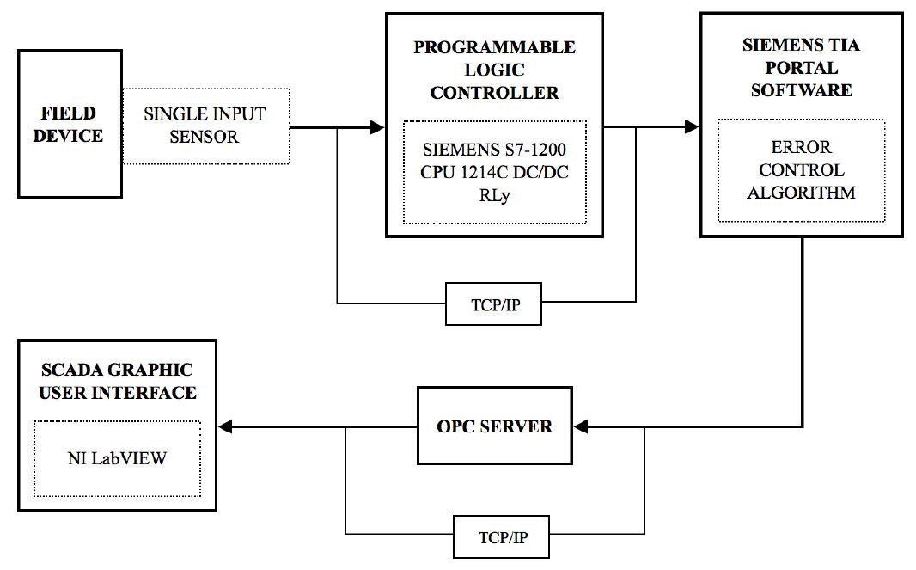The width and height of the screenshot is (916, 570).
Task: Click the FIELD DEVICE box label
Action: (x=69, y=125)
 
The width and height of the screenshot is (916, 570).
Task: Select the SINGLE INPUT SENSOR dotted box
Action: (x=205, y=126)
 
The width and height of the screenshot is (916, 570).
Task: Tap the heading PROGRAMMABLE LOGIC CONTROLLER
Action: (x=494, y=70)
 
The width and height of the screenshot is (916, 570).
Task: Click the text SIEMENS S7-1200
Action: (x=493, y=150)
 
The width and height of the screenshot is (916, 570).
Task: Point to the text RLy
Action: (x=494, y=194)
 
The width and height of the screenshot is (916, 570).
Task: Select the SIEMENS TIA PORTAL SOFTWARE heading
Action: (x=801, y=67)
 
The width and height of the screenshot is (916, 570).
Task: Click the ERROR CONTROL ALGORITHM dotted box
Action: (x=801, y=170)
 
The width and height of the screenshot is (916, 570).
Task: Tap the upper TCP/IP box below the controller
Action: (x=493, y=304)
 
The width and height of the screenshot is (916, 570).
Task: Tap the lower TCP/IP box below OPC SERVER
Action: (x=502, y=538)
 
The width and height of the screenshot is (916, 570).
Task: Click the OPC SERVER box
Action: (x=494, y=426)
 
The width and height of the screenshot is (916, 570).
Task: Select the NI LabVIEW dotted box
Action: (x=117, y=458)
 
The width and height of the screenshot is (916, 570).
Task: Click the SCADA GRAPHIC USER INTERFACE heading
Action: (x=117, y=381)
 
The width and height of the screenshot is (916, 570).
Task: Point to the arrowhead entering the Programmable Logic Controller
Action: (x=377, y=127)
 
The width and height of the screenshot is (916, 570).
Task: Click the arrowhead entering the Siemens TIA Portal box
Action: (x=693, y=127)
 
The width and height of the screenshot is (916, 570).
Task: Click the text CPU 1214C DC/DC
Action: (x=494, y=172)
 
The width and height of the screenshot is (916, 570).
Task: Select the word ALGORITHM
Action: (x=801, y=193)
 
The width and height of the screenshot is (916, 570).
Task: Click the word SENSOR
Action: (x=205, y=137)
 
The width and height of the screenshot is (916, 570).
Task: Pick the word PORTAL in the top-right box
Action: (x=801, y=67)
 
